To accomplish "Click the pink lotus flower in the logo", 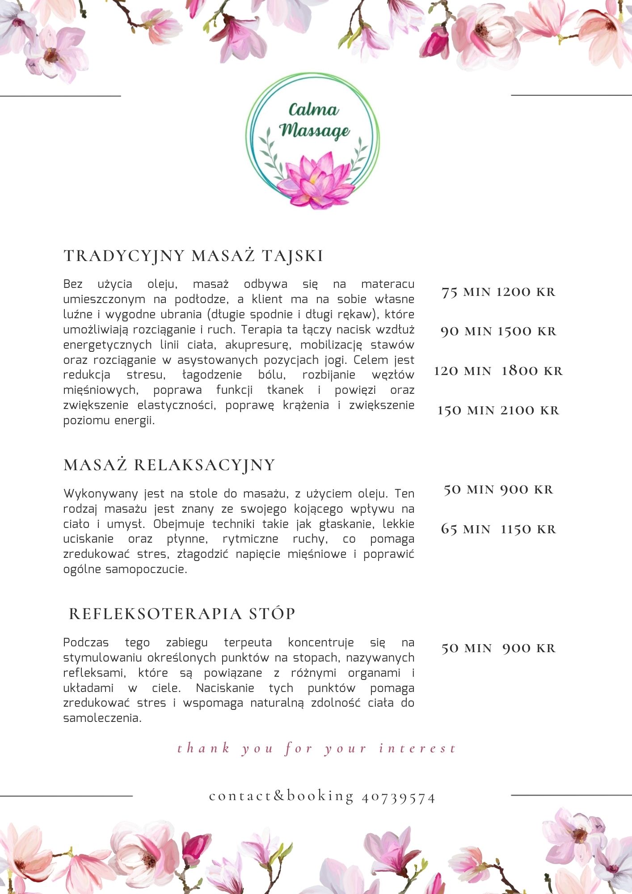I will (x=316, y=181).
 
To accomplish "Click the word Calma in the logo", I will (x=313, y=110).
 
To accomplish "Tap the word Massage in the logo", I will (x=315, y=130).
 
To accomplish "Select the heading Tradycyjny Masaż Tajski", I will (x=194, y=256).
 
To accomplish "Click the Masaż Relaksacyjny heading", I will (x=169, y=465).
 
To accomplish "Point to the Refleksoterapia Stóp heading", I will (x=182, y=614).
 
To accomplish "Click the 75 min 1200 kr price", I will (x=498, y=292).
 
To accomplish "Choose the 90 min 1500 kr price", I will (x=498, y=331).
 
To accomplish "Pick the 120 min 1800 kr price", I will (x=498, y=371).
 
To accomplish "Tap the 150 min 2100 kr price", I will (x=498, y=410).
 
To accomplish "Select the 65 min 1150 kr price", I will (x=498, y=529).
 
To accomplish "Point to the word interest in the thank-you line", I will (x=417, y=748).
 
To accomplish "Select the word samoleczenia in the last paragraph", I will (x=102, y=718).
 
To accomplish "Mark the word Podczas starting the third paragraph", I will (x=86, y=643).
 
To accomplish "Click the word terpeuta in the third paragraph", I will (x=248, y=643).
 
